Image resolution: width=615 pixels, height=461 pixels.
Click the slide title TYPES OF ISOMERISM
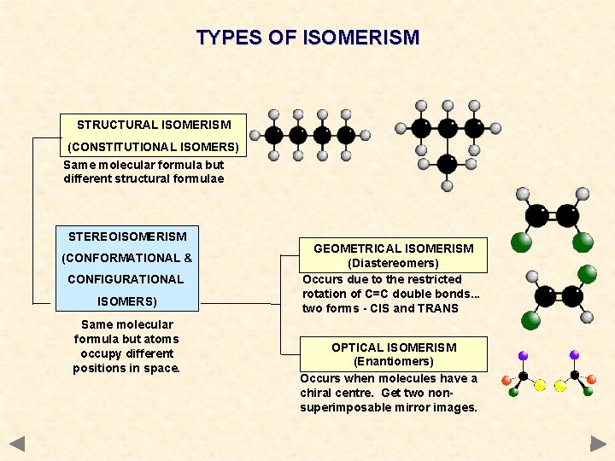tap(307, 38)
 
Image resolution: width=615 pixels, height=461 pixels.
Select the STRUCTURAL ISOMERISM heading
tap(153, 125)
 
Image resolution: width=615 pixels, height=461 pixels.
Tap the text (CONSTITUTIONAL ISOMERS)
tap(153, 147)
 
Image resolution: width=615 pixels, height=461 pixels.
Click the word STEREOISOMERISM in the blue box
tap(127, 236)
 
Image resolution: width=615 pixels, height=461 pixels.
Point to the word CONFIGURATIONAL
tap(126, 279)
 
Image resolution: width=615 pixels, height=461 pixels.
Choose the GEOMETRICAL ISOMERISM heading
tap(393, 248)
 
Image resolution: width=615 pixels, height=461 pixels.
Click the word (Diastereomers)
tap(393, 264)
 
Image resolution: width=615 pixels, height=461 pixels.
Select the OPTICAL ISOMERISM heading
tap(394, 347)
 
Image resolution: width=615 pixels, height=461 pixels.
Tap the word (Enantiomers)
tap(394, 362)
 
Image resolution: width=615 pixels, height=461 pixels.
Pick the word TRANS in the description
tap(438, 308)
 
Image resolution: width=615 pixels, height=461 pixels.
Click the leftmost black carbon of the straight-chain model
tap(274, 135)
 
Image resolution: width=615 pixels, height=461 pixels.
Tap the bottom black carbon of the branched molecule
tap(447, 163)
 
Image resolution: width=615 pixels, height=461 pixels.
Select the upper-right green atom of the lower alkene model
tap(586, 274)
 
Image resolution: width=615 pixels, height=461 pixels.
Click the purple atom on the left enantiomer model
tap(523, 355)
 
